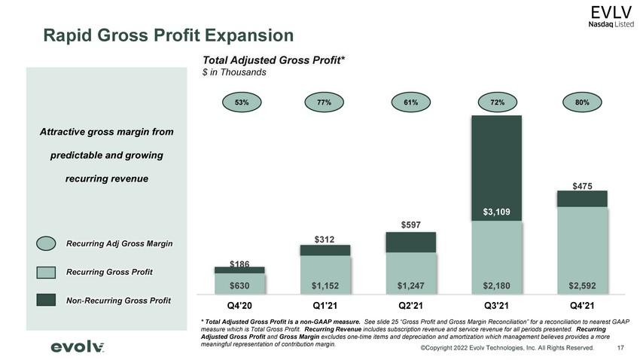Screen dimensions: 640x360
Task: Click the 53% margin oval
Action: coord(242,102)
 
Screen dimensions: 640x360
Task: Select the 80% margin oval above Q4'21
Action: coord(582,102)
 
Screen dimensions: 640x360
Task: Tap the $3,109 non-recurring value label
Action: coord(496,212)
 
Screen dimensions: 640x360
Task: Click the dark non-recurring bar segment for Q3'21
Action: coord(497,168)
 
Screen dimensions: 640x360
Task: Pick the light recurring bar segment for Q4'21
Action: coord(583,250)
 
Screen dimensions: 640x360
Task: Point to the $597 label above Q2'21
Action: coord(410,225)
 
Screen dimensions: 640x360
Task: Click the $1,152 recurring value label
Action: coord(325,285)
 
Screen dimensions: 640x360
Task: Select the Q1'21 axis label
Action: coord(325,305)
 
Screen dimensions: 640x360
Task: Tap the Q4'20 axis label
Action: coord(239,305)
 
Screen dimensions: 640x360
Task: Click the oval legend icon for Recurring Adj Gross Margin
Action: coord(46,243)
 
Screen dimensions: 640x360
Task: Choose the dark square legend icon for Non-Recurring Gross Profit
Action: coord(46,300)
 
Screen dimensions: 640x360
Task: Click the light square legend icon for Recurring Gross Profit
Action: coord(46,272)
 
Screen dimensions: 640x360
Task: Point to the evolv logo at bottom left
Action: coord(77,347)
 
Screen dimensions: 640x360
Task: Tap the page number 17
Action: coord(620,348)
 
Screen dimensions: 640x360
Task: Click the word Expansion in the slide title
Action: coord(249,35)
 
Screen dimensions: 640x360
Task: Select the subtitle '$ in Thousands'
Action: coord(234,72)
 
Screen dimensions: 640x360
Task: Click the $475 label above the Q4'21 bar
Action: coord(582,187)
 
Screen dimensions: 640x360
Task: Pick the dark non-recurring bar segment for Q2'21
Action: coord(411,243)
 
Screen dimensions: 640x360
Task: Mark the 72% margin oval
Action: coord(497,102)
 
